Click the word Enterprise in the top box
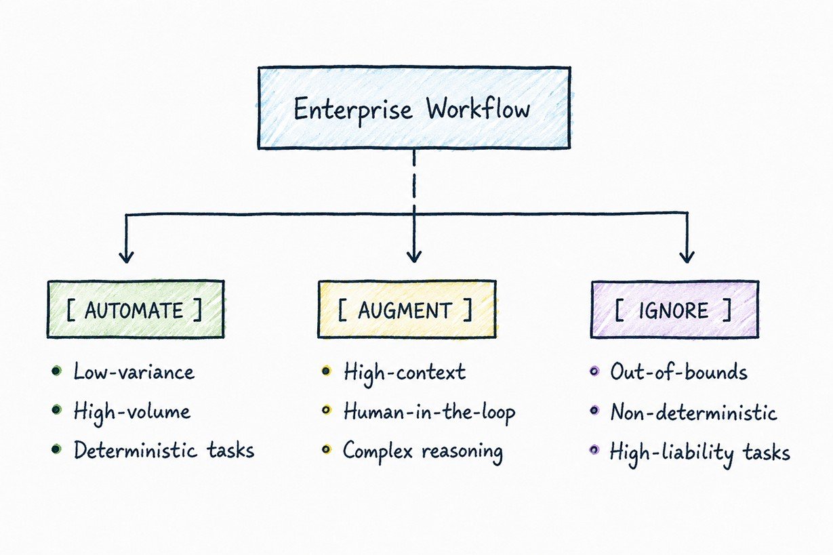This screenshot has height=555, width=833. click(x=353, y=110)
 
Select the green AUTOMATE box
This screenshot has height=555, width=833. click(x=136, y=309)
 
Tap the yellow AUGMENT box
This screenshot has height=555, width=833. click(x=407, y=309)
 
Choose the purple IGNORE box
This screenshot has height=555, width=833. click(x=675, y=309)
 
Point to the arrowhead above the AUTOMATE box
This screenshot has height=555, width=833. click(x=127, y=257)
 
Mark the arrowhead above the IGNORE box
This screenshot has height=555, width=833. click(x=687, y=257)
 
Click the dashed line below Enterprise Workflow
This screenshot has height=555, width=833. click(x=414, y=182)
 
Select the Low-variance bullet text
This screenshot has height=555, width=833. click(x=134, y=371)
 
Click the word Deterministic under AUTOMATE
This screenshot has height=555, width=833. click(x=135, y=450)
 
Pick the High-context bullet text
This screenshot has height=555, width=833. click(x=405, y=373)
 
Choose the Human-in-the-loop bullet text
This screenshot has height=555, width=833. click(x=430, y=413)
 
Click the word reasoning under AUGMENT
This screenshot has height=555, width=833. click(x=463, y=453)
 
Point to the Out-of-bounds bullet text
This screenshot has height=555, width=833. click(x=678, y=372)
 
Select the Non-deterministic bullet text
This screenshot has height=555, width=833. click(x=694, y=412)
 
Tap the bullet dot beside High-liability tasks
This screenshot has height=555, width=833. click(x=594, y=450)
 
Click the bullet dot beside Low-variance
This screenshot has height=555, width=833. click(x=56, y=371)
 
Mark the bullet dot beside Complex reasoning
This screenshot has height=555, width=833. click(x=326, y=449)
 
